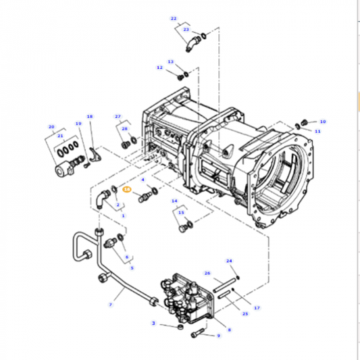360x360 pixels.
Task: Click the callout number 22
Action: [x=174, y=18]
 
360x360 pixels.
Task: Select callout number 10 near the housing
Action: [x=322, y=122]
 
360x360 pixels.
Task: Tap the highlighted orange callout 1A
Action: [x=127, y=190]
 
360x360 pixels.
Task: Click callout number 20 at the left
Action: [x=51, y=126]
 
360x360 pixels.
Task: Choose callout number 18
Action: [x=90, y=116]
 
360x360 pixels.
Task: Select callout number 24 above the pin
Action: [x=229, y=261]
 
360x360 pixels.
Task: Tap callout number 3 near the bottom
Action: [x=154, y=324]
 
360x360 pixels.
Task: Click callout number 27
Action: [x=118, y=116]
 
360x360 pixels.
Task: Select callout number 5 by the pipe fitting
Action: [x=132, y=267]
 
